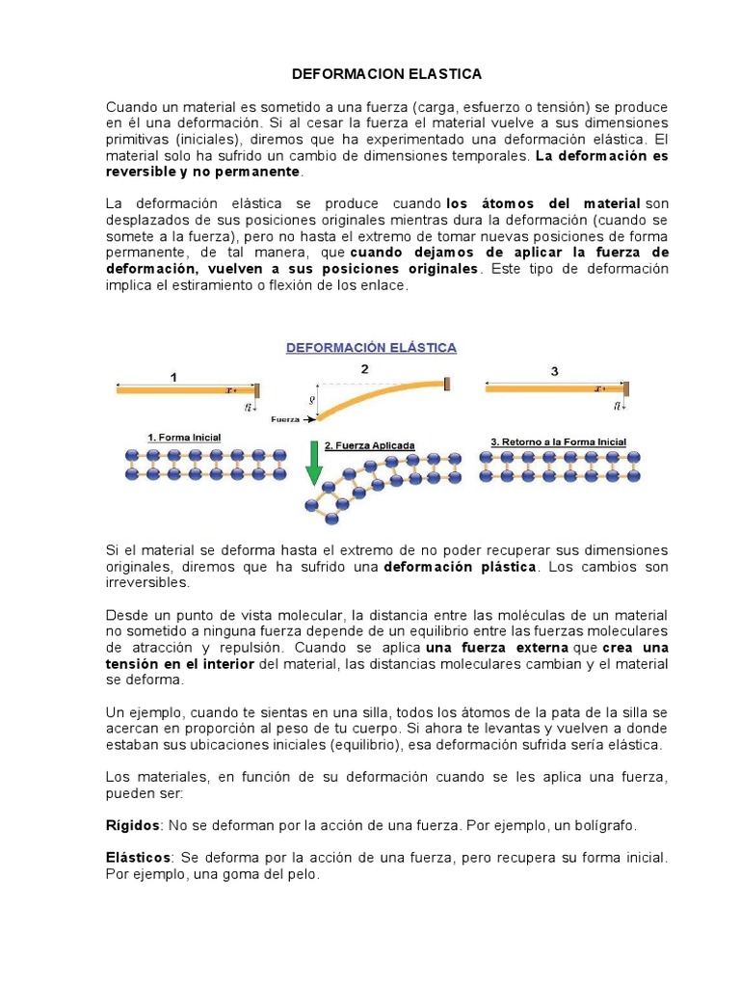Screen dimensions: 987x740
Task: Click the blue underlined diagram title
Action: [371, 347]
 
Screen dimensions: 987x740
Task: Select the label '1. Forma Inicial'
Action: [184, 438]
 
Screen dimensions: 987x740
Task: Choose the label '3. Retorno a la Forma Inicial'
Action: [559, 441]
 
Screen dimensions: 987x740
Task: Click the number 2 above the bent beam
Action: [364, 369]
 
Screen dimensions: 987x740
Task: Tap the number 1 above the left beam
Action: [173, 378]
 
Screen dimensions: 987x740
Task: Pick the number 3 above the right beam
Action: [554, 371]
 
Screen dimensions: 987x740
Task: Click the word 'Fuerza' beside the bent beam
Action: [285, 419]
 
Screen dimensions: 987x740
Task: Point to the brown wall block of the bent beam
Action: [446, 384]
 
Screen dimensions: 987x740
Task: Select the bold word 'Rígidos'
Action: [131, 826]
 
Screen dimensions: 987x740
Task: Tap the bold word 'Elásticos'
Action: [138, 857]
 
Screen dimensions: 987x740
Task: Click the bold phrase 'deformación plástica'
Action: [459, 568]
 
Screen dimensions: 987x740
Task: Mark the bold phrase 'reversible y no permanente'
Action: [202, 172]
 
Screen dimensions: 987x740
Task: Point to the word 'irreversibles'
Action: [146, 583]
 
